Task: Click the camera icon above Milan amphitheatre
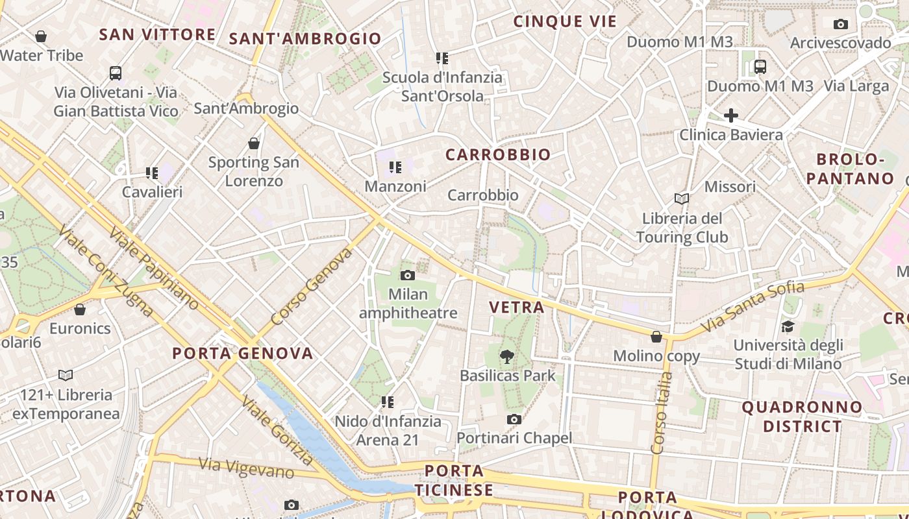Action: tap(408, 275)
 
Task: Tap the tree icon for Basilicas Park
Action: tap(507, 356)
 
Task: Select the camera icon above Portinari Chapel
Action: tap(514, 420)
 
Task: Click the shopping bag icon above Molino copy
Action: tap(656, 337)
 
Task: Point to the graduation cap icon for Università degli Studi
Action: tap(788, 326)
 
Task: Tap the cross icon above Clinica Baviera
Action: tap(731, 115)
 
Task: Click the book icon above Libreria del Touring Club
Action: tap(682, 199)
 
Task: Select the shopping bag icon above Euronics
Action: tap(80, 309)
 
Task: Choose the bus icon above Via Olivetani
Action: tap(116, 73)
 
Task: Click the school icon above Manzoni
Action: tap(395, 168)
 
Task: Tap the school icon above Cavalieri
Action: tap(152, 173)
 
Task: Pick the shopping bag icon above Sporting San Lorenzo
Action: tap(254, 143)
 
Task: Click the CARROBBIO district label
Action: tap(498, 154)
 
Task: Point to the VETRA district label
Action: tap(517, 308)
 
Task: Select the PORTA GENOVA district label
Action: tap(243, 354)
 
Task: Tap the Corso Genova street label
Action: tap(311, 286)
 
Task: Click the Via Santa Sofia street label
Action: tap(753, 307)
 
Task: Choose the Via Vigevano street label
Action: tap(247, 468)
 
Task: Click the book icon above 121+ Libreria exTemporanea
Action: tap(66, 375)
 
